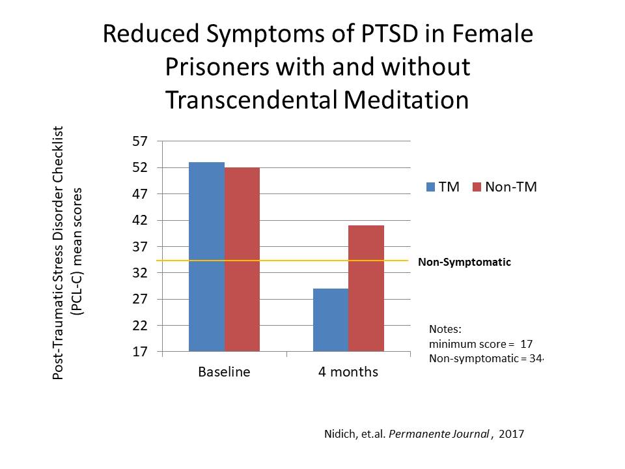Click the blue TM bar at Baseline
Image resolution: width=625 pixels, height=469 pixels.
click(206, 257)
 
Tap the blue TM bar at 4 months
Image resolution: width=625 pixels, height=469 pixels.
click(330, 320)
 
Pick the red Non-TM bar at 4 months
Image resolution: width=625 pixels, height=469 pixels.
click(366, 288)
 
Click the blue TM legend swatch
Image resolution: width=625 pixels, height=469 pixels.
click(430, 188)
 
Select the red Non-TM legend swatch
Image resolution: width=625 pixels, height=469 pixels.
click(475, 188)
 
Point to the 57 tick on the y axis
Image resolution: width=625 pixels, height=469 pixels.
click(141, 141)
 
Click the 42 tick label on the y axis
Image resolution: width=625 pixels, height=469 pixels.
click(141, 220)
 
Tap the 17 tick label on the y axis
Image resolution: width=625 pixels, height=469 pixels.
click(141, 352)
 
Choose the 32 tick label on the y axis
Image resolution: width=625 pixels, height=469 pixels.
click(141, 273)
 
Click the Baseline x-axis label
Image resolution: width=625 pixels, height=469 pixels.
click(224, 373)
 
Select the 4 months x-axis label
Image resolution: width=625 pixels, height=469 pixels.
click(348, 373)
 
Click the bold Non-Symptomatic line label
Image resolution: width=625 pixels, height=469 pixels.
click(464, 263)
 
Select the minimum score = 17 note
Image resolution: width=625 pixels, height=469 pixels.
click(481, 344)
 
